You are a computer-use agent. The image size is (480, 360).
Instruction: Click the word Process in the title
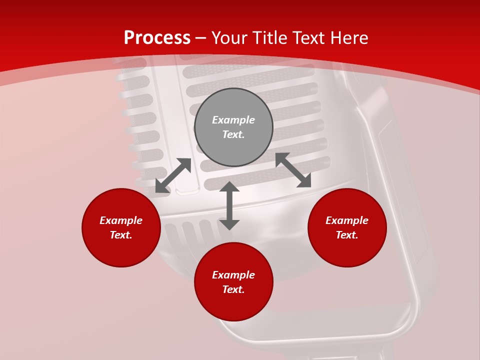(157, 38)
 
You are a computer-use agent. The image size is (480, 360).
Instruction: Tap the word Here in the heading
(347, 38)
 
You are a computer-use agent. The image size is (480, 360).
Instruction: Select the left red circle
(121, 250)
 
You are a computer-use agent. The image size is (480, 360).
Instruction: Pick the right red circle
(347, 250)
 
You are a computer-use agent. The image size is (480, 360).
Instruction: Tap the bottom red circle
(233, 305)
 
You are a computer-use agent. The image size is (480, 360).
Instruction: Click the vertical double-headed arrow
(229, 205)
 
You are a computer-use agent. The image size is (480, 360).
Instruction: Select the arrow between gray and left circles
(173, 175)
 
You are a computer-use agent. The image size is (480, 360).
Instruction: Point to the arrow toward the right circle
(293, 170)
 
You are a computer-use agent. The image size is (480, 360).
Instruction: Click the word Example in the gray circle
(233, 120)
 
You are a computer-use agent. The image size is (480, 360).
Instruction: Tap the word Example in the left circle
(121, 220)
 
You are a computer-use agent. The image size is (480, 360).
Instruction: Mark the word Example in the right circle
(347, 220)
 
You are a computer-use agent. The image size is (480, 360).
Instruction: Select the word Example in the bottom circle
(233, 275)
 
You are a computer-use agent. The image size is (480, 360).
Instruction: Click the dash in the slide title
(201, 38)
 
